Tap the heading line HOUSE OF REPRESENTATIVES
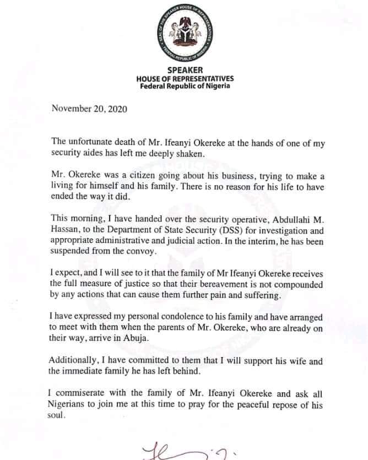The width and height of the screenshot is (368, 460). point(185,79)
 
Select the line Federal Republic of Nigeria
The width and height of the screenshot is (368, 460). point(185,86)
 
